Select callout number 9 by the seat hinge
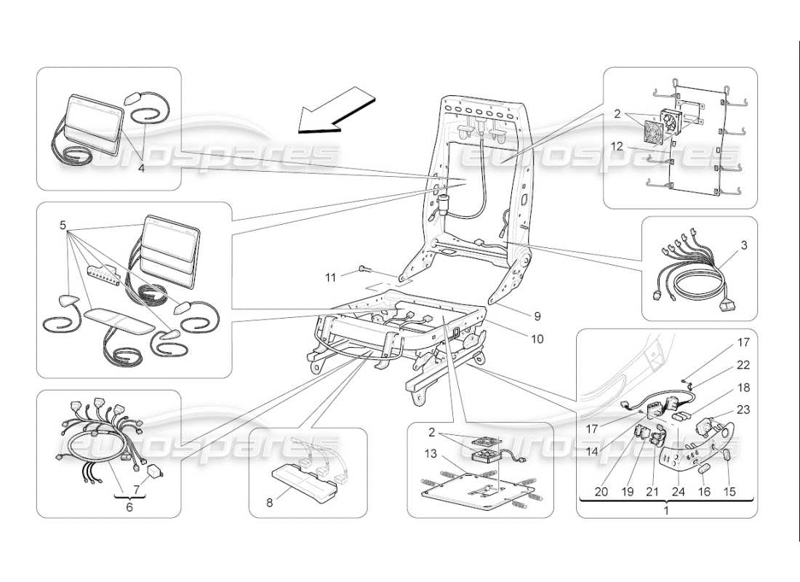[537, 316]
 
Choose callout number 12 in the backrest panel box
[617, 146]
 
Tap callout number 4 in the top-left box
[141, 168]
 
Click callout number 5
[64, 225]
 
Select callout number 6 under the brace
[130, 507]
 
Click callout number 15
[729, 492]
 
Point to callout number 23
[744, 409]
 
